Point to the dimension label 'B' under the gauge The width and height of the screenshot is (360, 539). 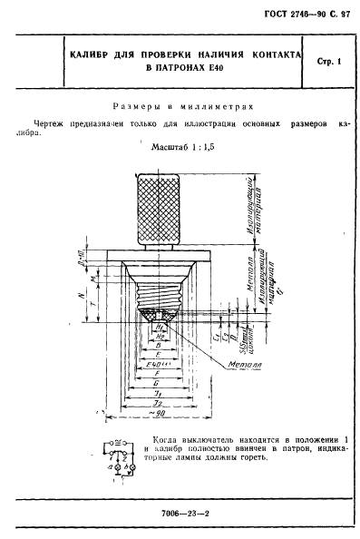click(x=159, y=345)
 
